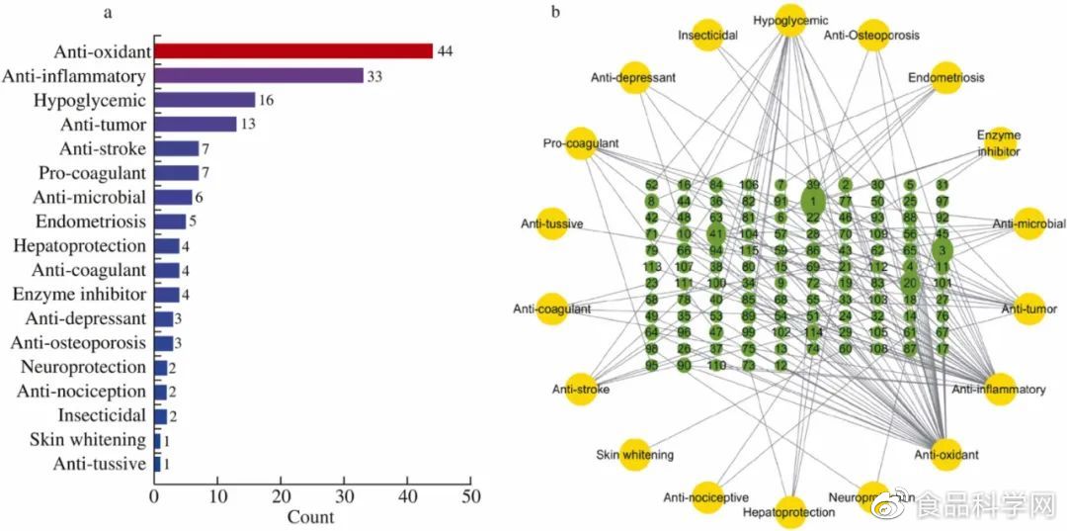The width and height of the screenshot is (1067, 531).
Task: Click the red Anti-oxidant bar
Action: (x=293, y=51)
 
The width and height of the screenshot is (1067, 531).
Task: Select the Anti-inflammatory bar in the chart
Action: (x=259, y=76)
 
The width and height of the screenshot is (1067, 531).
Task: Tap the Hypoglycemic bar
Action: (x=205, y=100)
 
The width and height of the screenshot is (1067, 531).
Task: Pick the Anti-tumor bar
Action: (x=196, y=125)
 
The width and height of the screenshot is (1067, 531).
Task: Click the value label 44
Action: (x=445, y=51)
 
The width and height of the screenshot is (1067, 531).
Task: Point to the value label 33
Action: (x=375, y=76)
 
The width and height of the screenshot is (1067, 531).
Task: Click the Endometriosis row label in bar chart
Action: (x=91, y=221)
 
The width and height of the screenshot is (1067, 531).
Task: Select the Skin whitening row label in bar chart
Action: (x=88, y=440)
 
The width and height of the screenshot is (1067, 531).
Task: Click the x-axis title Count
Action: (x=310, y=516)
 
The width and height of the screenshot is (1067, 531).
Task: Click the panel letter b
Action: (x=555, y=12)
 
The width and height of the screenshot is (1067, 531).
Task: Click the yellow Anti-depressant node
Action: (x=634, y=77)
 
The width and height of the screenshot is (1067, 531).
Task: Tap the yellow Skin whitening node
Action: (x=634, y=455)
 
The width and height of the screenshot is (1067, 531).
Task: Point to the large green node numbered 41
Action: (x=716, y=235)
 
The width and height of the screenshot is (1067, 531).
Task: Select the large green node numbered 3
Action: (x=943, y=251)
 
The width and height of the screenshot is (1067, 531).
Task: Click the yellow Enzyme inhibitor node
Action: (x=999, y=143)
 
